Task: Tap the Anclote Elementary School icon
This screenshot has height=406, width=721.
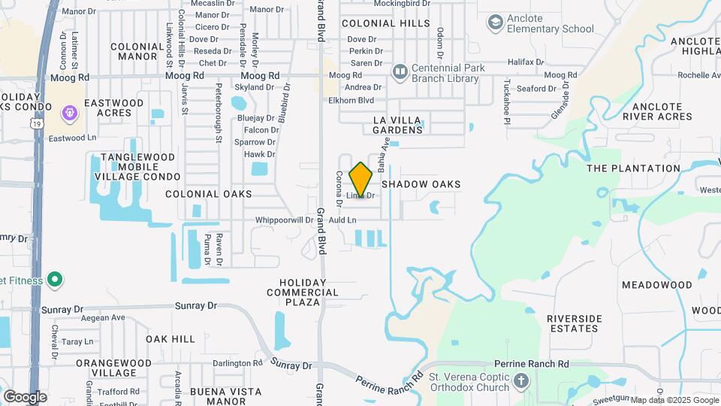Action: click(495, 23)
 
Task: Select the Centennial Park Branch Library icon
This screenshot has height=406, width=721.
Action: click(400, 72)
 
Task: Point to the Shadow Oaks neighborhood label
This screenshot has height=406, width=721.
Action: click(421, 184)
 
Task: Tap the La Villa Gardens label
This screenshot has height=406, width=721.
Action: click(401, 125)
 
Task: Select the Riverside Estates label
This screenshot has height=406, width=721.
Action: click(575, 323)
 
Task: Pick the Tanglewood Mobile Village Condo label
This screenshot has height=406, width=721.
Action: click(137, 167)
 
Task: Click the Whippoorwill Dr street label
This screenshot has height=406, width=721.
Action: click(284, 220)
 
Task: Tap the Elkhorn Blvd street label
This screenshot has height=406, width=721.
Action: click(351, 100)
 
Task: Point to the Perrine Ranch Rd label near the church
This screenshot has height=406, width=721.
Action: click(532, 364)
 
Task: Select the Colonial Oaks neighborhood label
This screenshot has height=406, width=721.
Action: click(209, 194)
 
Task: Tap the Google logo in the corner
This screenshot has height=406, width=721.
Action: click(25, 396)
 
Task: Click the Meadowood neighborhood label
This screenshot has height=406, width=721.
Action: click(657, 285)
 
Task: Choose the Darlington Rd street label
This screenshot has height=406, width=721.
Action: click(237, 363)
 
